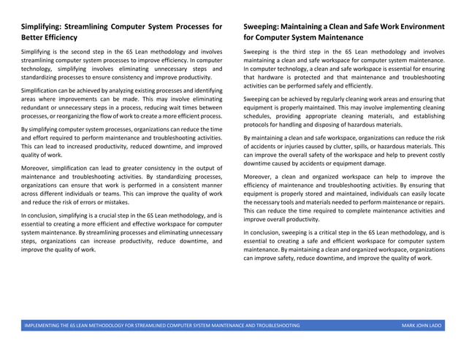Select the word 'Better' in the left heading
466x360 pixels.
point(35,38)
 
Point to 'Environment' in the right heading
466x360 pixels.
point(416,26)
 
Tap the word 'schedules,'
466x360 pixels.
point(259,115)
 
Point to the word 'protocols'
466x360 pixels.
point(259,124)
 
